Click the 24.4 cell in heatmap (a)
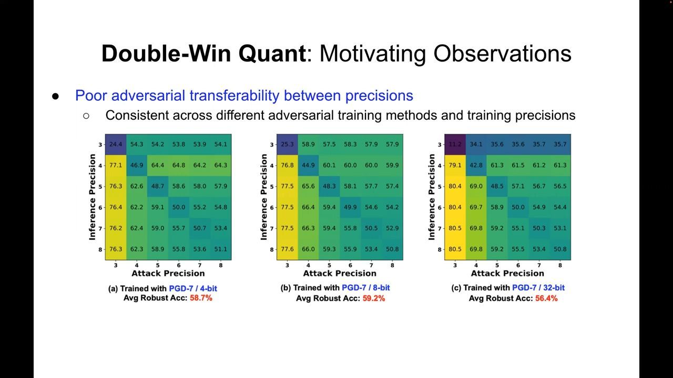(115, 144)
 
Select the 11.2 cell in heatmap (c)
(455, 144)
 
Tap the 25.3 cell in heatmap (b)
(287, 144)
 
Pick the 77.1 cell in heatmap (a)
(115, 165)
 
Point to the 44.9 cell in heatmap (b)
(308, 165)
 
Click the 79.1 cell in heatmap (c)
(455, 165)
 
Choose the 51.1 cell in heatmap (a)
(220, 249)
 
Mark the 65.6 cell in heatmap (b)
(308, 186)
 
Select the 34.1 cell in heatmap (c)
(476, 144)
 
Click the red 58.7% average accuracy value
(201, 298)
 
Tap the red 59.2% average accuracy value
(373, 298)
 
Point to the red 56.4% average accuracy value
(546, 298)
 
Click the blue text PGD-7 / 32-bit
(538, 288)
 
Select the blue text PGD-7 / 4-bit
(193, 288)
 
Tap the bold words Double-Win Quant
(203, 54)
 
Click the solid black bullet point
(56, 97)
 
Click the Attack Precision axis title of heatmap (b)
(340, 274)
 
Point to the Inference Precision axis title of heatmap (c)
(432, 197)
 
